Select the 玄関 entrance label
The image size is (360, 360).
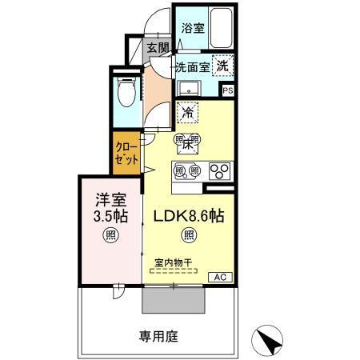point(158,48)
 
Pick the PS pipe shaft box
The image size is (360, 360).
point(227,91)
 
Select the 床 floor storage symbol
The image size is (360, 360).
point(189,144)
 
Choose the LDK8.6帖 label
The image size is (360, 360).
point(189,215)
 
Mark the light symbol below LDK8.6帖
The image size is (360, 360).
point(189,235)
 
